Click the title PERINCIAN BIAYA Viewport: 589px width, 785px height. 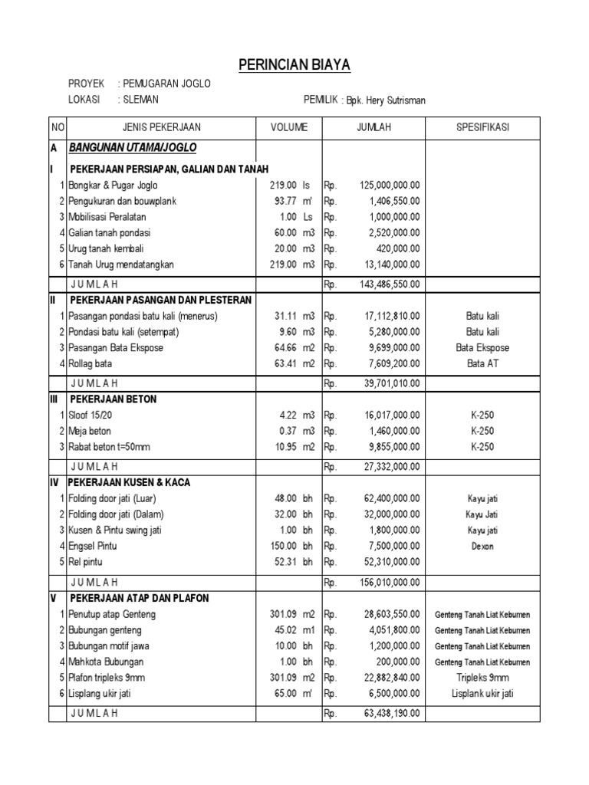point(294,65)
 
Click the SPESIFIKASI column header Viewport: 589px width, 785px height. point(482,127)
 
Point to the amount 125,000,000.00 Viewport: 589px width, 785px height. point(389,185)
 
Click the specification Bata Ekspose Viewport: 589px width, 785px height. point(482,347)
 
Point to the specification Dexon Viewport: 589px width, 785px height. point(482,547)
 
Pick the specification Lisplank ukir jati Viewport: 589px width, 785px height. point(482,693)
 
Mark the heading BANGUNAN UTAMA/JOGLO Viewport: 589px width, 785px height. point(133,146)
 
